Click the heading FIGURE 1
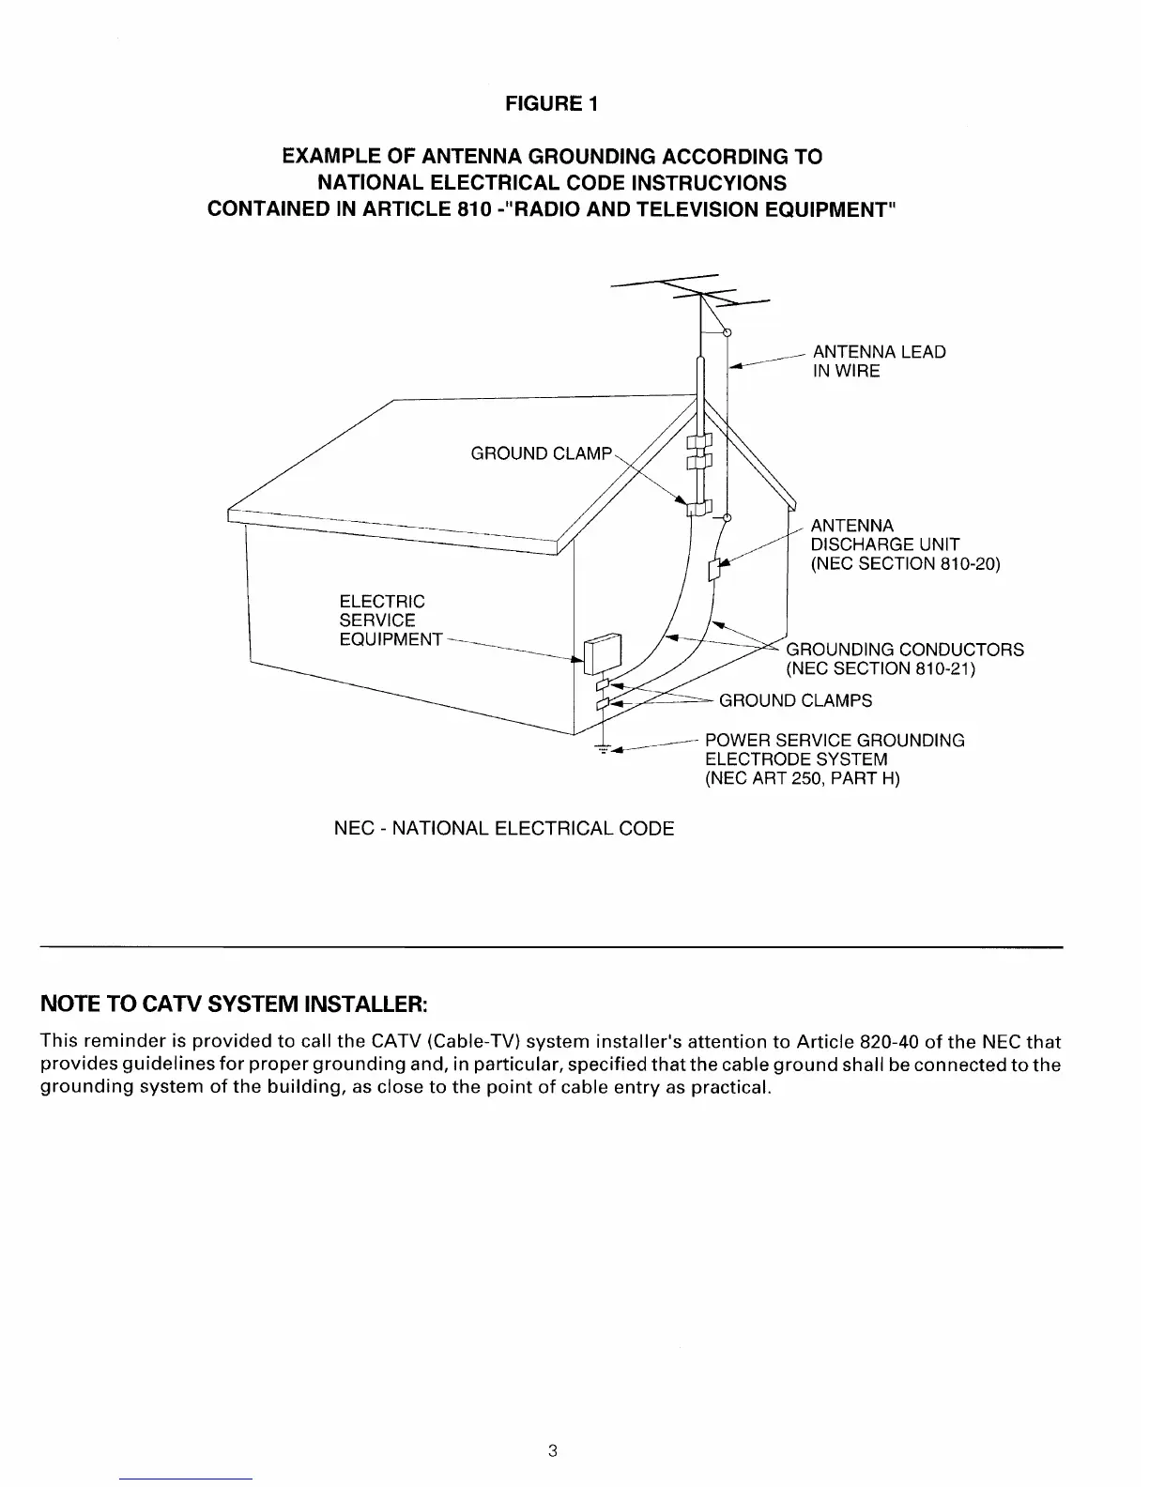pyautogui.click(x=551, y=104)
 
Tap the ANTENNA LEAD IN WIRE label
pyautogui.click(x=878, y=361)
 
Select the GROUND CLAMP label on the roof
pyautogui.click(x=541, y=454)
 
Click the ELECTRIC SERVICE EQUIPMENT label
pyautogui.click(x=390, y=621)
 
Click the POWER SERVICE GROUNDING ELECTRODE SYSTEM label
pyautogui.click(x=834, y=750)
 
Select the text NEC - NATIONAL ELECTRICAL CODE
pyautogui.click(x=504, y=829)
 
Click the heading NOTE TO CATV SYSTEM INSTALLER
pyautogui.click(x=235, y=1004)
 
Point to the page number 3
pyautogui.click(x=552, y=1451)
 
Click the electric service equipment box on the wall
pyautogui.click(x=601, y=654)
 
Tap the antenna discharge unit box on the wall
pyautogui.click(x=715, y=569)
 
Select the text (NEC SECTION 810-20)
pyautogui.click(x=905, y=564)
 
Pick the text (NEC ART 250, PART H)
pyautogui.click(x=802, y=778)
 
